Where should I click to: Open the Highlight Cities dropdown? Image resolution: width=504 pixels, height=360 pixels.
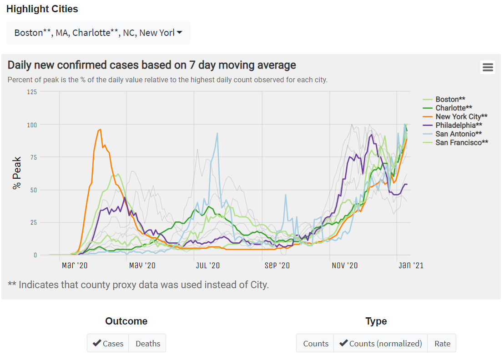(98, 33)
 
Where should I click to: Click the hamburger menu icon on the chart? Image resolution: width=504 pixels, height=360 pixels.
(488, 67)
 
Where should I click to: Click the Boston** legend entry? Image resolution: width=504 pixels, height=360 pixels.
(450, 99)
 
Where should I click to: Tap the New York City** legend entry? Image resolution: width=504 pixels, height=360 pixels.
(461, 116)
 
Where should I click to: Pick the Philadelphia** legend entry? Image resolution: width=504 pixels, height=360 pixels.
(459, 125)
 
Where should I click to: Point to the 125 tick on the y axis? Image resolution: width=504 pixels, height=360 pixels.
(31, 92)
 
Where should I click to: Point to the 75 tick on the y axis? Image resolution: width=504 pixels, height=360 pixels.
(33, 157)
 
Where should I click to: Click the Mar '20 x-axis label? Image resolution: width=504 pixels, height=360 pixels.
(75, 265)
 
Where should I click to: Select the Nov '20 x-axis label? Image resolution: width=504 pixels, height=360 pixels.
(345, 265)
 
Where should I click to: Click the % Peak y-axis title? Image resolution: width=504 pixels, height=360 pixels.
(17, 173)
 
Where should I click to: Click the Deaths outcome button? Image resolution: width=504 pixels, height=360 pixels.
(147, 343)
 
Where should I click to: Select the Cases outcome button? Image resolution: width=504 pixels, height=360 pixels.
(108, 343)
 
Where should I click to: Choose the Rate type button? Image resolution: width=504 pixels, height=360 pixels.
(442, 343)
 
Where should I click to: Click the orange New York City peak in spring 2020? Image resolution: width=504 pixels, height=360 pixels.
(100, 130)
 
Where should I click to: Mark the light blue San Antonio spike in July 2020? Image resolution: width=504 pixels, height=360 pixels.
(217, 133)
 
